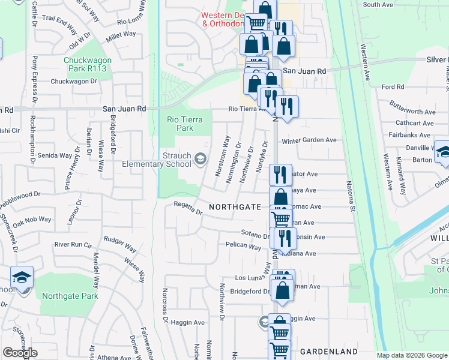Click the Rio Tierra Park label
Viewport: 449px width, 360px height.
(180, 124)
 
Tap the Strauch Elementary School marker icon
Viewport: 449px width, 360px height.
(199, 160)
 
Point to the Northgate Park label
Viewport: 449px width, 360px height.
(70, 296)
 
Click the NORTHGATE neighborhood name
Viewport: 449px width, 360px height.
(235, 207)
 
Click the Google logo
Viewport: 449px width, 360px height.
(20, 353)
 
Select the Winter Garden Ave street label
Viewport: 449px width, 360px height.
(309, 140)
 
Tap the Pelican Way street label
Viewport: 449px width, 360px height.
(244, 247)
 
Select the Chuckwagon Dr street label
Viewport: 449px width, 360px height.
(74, 82)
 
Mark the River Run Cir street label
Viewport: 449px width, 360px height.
(73, 245)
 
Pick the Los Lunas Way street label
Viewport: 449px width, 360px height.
(249, 278)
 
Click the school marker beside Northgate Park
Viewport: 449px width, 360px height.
(22, 278)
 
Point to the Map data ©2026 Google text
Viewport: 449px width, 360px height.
(412, 355)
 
